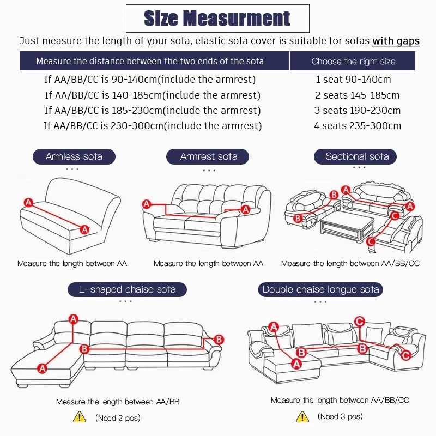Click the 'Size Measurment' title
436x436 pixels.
(x=217, y=19)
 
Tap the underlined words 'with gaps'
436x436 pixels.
(x=396, y=41)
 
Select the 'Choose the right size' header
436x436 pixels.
(x=353, y=61)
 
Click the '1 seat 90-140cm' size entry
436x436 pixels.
(x=353, y=80)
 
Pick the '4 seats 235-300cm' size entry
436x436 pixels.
(x=358, y=126)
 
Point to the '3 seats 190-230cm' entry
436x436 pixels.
(x=358, y=111)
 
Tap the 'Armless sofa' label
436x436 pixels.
(x=74, y=157)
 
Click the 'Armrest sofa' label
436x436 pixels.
(x=209, y=157)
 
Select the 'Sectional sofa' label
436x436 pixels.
(x=357, y=157)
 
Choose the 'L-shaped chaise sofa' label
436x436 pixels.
(x=127, y=289)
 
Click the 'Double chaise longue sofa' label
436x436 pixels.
(x=320, y=289)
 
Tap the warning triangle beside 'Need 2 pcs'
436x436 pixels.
(x=80, y=417)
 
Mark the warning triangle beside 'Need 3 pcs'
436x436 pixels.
(x=302, y=416)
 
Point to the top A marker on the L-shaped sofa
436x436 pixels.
(x=72, y=319)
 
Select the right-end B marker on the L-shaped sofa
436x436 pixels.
(x=219, y=340)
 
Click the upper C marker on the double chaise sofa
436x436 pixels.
(x=359, y=321)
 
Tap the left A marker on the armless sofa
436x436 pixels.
(x=28, y=202)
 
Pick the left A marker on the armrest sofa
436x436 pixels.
(x=146, y=204)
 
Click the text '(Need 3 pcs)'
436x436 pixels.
(x=341, y=417)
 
